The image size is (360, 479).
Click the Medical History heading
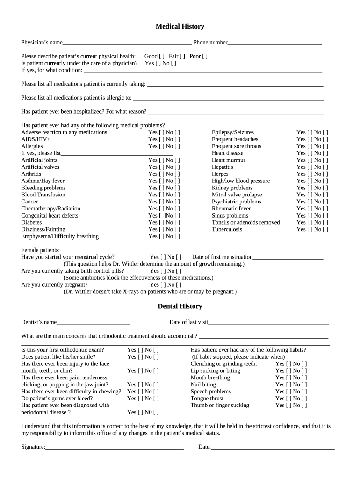[x=180, y=27]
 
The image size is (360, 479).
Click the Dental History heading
[x=180, y=306]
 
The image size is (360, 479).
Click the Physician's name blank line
[x=127, y=43]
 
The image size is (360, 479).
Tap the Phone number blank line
[x=274, y=43]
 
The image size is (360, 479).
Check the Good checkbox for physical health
[x=161, y=56]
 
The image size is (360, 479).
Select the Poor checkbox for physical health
[x=205, y=56]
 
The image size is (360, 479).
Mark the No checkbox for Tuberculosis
[x=325, y=230]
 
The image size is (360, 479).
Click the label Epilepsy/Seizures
[x=233, y=132]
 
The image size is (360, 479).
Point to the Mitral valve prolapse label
[x=237, y=195]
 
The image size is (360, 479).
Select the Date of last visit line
[x=268, y=323]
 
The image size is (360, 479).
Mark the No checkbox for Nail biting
[x=304, y=385]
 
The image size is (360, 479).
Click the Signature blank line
[x=115, y=448]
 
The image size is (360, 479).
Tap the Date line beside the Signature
[x=273, y=448]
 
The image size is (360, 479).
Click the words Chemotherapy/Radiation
[x=50, y=209]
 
